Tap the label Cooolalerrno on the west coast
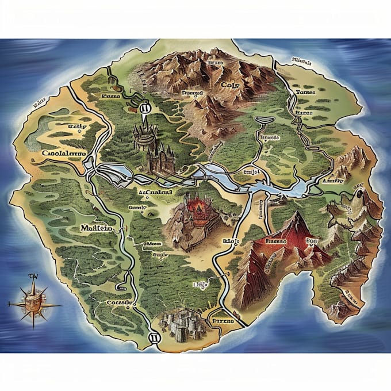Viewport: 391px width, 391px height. click(64, 154)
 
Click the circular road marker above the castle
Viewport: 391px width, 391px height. click(144, 106)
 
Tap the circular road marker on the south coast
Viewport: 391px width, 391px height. click(153, 338)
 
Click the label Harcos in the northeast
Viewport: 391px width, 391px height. click(302, 113)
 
